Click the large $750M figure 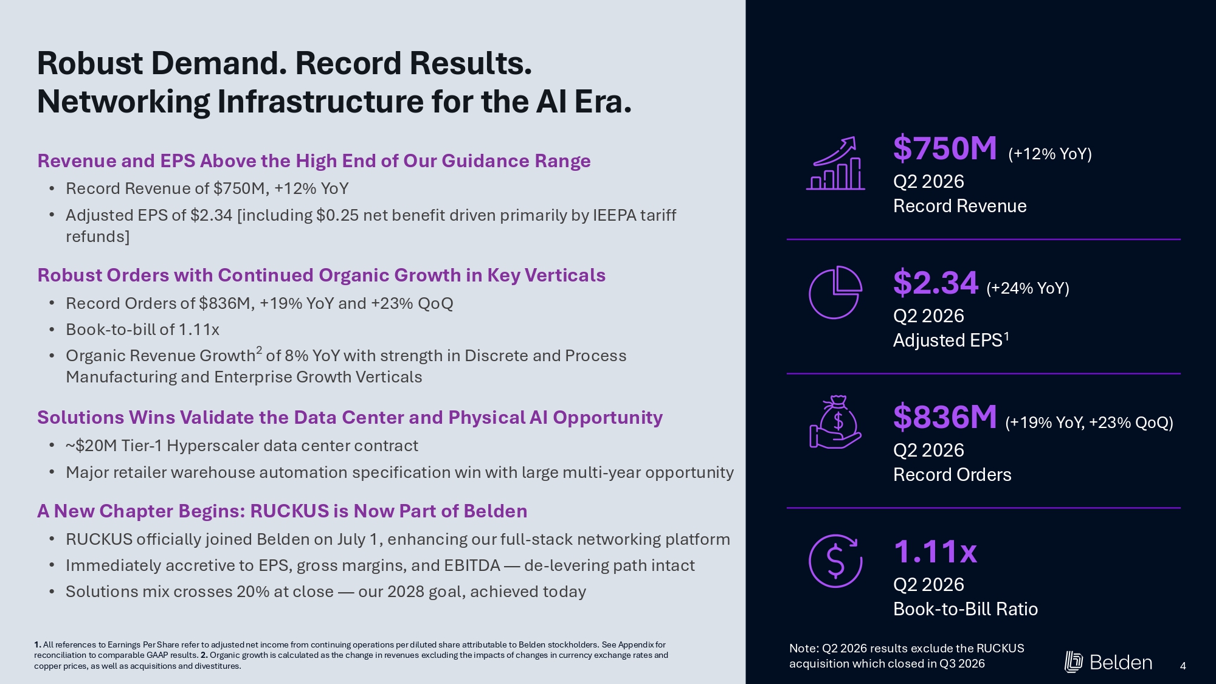click(945, 149)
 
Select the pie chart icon click(835, 292)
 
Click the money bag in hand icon click(835, 423)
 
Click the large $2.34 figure click(935, 283)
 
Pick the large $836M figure click(945, 418)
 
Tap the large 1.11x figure click(935, 552)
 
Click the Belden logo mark click(1074, 662)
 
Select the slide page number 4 click(1183, 666)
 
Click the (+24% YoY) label click(1028, 288)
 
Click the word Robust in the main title click(90, 63)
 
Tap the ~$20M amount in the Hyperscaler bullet click(91, 446)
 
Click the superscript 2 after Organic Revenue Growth click(259, 350)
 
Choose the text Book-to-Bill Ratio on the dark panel click(966, 609)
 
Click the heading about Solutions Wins click(350, 418)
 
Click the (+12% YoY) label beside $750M click(1050, 154)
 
